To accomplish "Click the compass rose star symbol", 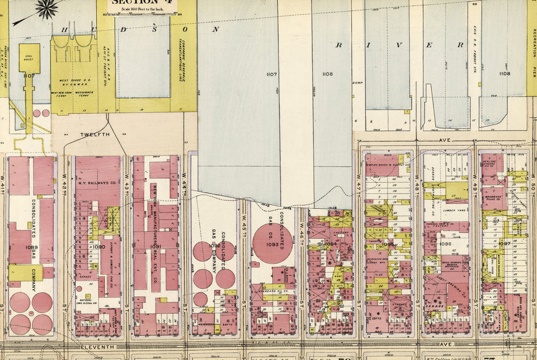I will coord(48,9).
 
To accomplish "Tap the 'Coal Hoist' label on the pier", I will coord(29,54).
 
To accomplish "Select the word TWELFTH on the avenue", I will coord(95,135).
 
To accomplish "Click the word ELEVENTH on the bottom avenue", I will coord(97,347).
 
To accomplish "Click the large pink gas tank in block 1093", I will coord(272,243).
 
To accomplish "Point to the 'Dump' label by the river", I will coord(358,82).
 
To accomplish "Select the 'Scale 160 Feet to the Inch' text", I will coord(141,9).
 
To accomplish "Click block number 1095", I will coord(388,244).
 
